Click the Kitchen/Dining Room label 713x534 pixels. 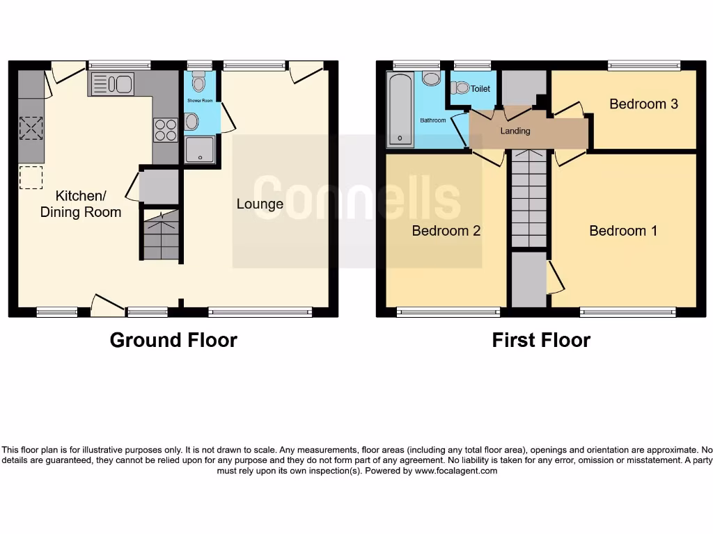[80, 204]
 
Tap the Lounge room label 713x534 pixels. [260, 204]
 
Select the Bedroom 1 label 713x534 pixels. [623, 231]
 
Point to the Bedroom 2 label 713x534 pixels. [446, 231]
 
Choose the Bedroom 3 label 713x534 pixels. [643, 104]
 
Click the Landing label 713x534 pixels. [515, 131]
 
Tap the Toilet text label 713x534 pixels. [480, 89]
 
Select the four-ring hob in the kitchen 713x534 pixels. [165, 130]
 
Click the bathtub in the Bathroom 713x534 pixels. [400, 110]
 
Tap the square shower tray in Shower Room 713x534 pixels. [201, 149]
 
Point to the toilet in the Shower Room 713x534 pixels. [199, 83]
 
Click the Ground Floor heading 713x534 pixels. [173, 340]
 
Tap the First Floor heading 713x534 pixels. [541, 340]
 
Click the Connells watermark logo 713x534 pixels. [356, 198]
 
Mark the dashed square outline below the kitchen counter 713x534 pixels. [31, 177]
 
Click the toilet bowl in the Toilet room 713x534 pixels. [461, 88]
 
